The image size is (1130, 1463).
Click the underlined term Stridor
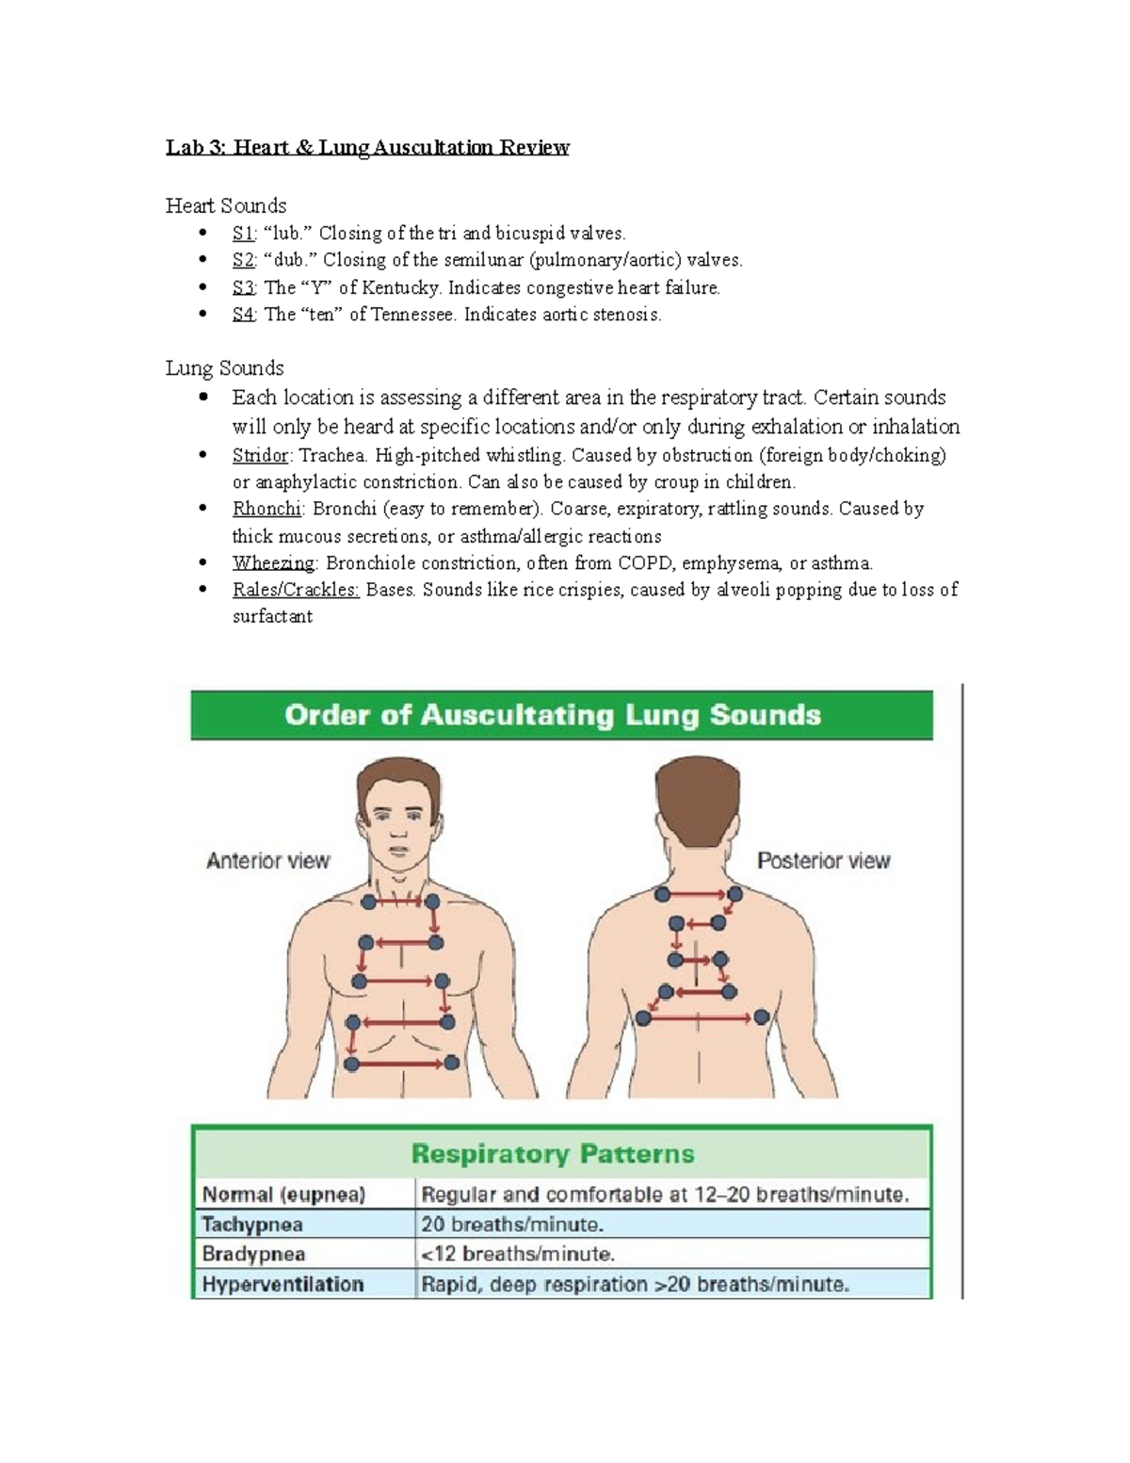[261, 456]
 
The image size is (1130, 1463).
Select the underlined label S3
[243, 288]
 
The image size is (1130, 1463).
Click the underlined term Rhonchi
[266, 509]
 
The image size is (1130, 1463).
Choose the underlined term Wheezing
[273, 563]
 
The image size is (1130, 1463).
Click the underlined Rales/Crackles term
[296, 590]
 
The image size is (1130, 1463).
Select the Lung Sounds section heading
[224, 368]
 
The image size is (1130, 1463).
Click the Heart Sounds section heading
[226, 205]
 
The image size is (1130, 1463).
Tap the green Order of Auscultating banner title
[553, 715]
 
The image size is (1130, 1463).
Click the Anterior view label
[267, 861]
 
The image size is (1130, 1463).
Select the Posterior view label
[824, 861]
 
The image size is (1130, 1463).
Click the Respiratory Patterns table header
[553, 1154]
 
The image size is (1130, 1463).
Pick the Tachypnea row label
[252, 1225]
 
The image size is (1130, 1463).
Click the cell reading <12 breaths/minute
[518, 1254]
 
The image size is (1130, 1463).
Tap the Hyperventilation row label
[282, 1284]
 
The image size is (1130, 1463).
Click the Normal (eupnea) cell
[283, 1195]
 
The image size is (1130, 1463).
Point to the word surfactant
[272, 617]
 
